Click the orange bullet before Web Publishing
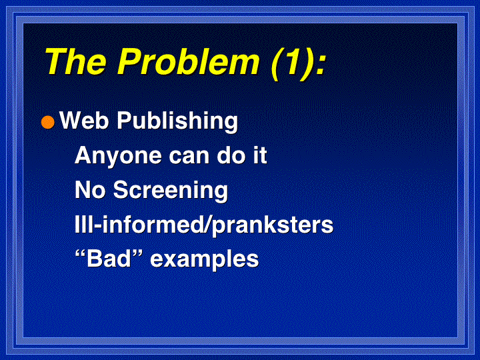(x=48, y=122)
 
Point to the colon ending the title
(x=319, y=65)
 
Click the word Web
(x=84, y=120)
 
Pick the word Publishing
(x=177, y=122)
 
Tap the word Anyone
(x=118, y=157)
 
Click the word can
(x=189, y=157)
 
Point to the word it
(x=260, y=155)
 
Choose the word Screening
(x=171, y=191)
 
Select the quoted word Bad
(x=109, y=259)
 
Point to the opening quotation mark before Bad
(x=80, y=254)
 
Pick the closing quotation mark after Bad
(x=139, y=254)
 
